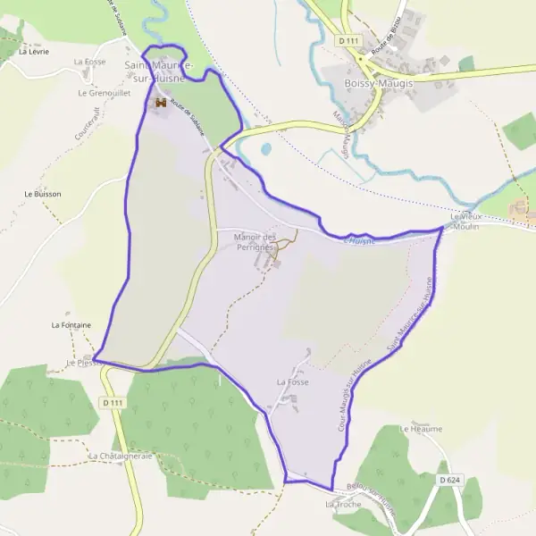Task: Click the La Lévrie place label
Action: tap(31, 52)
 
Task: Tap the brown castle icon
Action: tap(162, 104)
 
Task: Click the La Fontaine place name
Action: tap(71, 325)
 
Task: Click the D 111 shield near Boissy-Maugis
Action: tap(349, 42)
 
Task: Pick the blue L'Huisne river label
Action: tap(359, 240)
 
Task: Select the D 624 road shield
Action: tap(449, 481)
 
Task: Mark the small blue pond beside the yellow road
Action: tap(266, 149)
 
